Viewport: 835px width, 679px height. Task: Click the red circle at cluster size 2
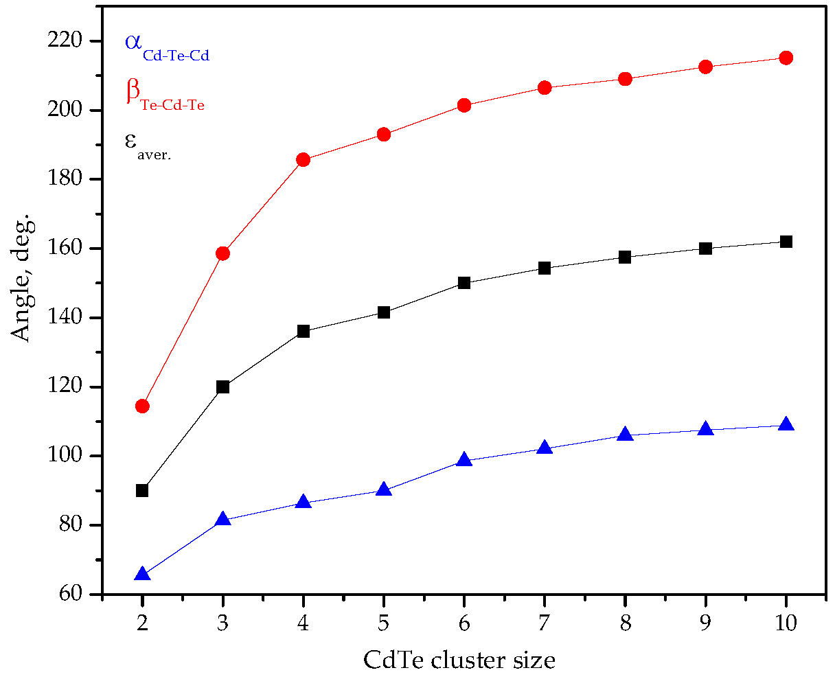point(142,406)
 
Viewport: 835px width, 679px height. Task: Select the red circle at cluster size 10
point(786,58)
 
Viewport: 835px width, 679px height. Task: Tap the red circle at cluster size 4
point(304,160)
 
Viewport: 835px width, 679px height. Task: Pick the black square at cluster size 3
point(222,387)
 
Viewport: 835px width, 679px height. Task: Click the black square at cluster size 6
point(464,283)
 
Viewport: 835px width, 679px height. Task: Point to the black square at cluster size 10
point(786,242)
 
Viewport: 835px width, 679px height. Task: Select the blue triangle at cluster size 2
point(142,574)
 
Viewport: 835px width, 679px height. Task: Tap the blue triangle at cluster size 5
point(384,490)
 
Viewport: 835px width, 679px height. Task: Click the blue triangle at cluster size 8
point(625,434)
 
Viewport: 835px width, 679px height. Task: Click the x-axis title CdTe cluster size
point(459,660)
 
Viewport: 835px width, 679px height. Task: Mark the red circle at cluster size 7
point(545,88)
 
